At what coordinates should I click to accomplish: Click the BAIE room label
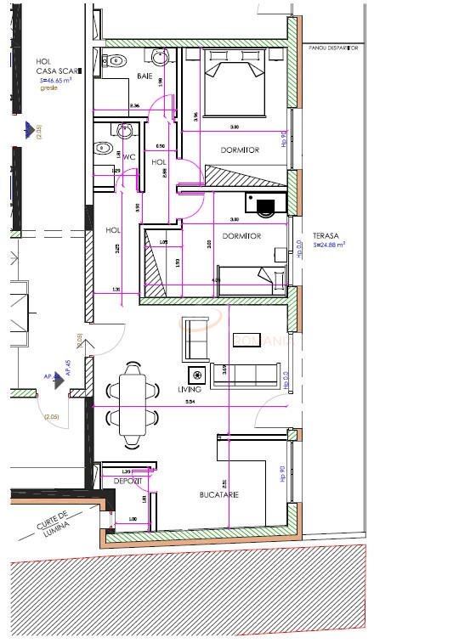[x=144, y=76]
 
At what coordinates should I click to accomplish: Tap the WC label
[x=130, y=157]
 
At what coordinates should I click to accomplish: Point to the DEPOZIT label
[x=127, y=482]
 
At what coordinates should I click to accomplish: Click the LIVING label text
[x=190, y=389]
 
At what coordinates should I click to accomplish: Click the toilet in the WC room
[x=103, y=146]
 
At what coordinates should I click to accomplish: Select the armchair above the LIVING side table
[x=195, y=338]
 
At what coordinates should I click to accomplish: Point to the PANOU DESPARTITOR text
[x=334, y=49]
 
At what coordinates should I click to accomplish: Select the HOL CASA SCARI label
[x=51, y=66]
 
